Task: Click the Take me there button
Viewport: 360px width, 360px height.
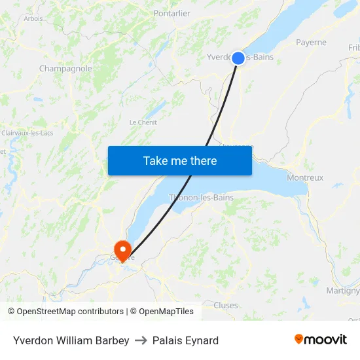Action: pos(180,160)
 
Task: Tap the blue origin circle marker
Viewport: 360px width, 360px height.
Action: pos(238,58)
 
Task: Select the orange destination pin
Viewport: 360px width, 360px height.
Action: pos(122,249)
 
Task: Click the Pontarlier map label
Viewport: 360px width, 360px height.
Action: pos(171,13)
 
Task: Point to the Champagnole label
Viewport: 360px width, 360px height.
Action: pos(65,68)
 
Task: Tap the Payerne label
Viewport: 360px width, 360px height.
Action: pos(311,43)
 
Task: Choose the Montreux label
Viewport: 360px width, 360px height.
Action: pos(305,177)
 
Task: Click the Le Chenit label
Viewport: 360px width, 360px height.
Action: pos(143,122)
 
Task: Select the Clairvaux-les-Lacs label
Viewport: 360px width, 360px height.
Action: pos(27,133)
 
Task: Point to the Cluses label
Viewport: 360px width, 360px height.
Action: pos(226,305)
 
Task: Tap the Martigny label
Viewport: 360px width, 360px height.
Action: pos(343,291)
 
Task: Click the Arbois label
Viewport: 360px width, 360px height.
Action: pos(33,18)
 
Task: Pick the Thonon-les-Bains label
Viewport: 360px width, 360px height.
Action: pos(201,197)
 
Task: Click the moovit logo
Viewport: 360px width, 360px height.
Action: pos(320,340)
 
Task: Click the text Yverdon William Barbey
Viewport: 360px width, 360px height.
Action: pos(71,340)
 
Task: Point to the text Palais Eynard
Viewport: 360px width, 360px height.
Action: pos(185,340)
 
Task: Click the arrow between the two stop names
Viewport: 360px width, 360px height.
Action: pos(141,340)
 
